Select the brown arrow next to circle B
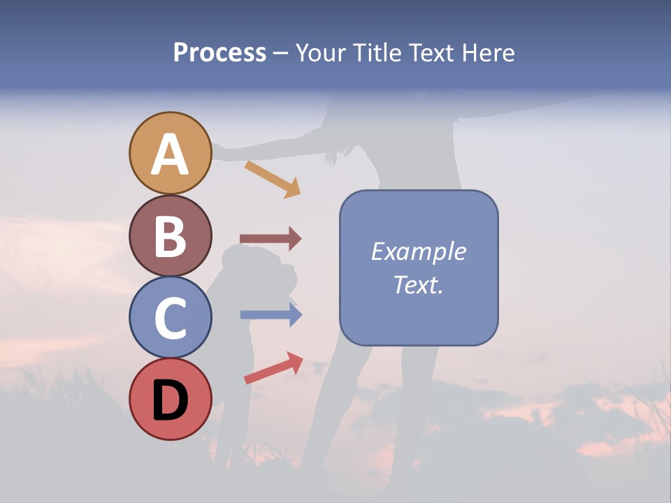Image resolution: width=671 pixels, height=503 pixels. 270,239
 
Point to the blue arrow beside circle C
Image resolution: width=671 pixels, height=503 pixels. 271,315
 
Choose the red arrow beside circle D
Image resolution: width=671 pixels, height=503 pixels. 273,368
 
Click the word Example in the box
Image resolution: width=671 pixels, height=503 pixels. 419,251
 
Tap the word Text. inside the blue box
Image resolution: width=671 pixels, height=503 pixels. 419,284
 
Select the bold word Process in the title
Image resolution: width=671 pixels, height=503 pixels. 219,53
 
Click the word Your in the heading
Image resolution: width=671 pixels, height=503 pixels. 321,53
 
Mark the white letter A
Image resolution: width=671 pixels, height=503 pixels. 171,155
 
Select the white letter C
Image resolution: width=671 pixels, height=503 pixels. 171,319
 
